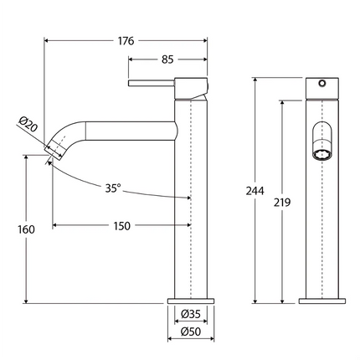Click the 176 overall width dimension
click(126, 41)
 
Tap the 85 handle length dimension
click(167, 59)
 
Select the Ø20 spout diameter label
click(28, 124)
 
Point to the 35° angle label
click(113, 188)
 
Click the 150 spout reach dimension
click(122, 226)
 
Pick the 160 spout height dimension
click(26, 229)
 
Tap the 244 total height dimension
click(255, 191)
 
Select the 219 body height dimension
click(282, 203)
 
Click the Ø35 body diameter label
click(191, 314)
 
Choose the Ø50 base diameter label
click(191, 332)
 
